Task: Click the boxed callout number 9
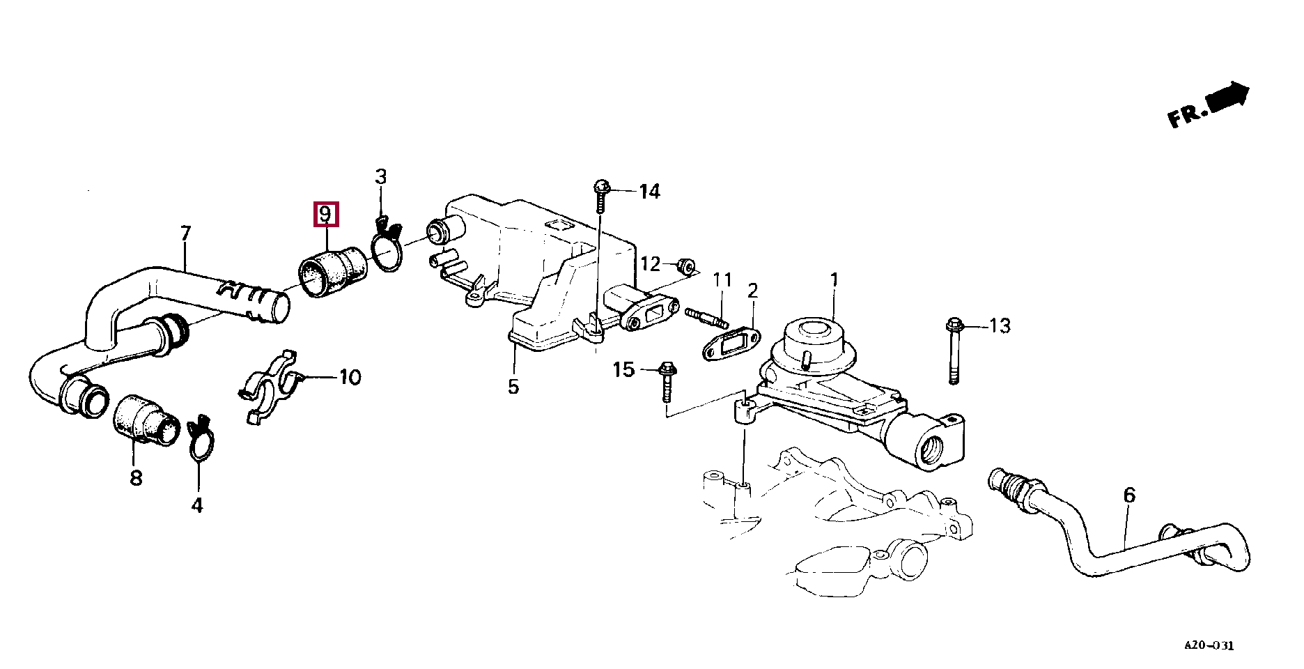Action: (x=325, y=214)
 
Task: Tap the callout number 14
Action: (x=649, y=191)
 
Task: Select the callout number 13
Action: (x=1000, y=325)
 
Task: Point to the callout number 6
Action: (x=1129, y=495)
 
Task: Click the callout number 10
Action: (x=350, y=377)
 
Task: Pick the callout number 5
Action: (x=513, y=387)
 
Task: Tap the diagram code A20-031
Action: (x=1209, y=645)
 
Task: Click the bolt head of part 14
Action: (x=602, y=187)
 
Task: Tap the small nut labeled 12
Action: (x=687, y=266)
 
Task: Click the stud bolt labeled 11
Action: (x=706, y=318)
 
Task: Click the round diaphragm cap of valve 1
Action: (x=814, y=335)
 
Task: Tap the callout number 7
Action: (x=185, y=233)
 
